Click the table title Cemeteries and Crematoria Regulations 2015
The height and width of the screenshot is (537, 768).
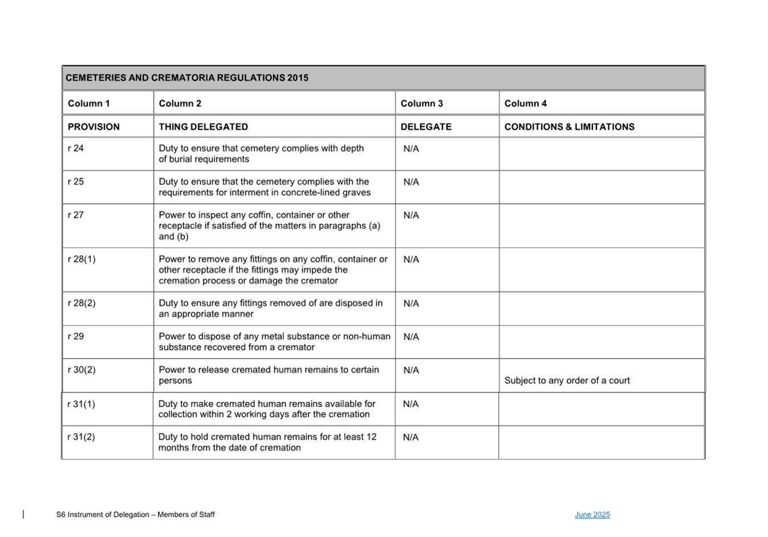(187, 78)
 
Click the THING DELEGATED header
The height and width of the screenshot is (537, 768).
(203, 127)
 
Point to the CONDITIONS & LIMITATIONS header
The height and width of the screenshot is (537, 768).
(569, 127)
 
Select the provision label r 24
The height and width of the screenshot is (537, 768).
(76, 148)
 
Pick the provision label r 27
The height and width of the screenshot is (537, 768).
(76, 215)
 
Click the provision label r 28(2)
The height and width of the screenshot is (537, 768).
(82, 303)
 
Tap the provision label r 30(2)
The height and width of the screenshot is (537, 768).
(82, 370)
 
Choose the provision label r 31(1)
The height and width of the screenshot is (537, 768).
(81, 404)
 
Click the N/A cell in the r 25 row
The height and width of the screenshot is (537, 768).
(411, 182)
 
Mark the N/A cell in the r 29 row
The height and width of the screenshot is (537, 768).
(411, 337)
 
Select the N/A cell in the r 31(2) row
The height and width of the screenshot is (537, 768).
(411, 437)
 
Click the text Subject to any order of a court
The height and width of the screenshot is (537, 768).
(567, 381)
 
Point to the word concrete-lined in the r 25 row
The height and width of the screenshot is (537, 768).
(311, 192)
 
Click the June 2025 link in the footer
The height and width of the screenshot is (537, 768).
(592, 515)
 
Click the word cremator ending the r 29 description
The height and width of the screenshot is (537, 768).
(296, 347)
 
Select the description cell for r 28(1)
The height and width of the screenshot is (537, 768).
(273, 270)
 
